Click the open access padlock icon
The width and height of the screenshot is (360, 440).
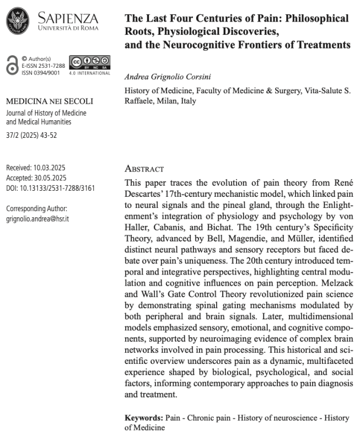point(12,65)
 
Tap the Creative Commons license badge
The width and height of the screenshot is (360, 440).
point(89,63)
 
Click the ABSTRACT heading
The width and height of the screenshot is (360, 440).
point(144,169)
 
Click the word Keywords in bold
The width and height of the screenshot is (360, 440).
point(142,418)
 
